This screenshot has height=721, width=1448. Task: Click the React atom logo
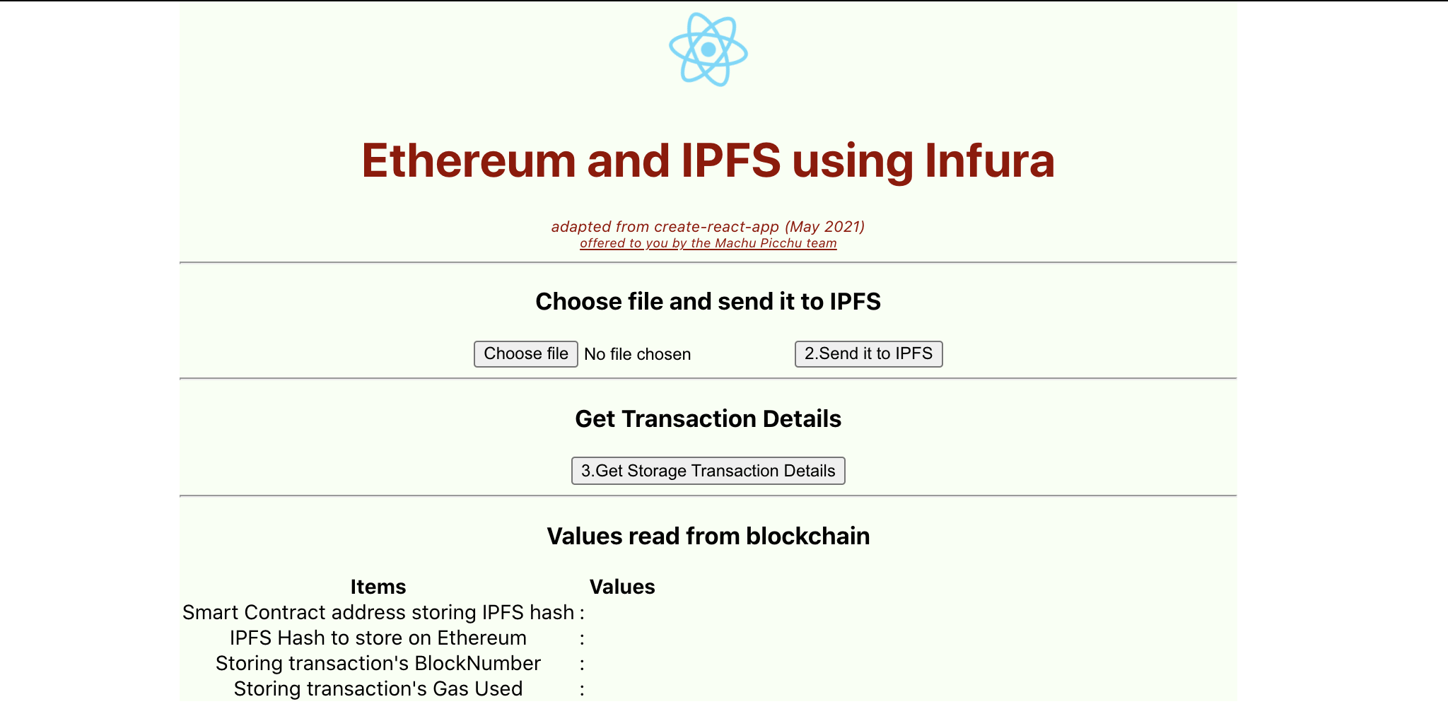point(708,49)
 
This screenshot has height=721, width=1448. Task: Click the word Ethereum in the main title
point(469,160)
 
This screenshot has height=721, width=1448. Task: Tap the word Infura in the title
point(989,160)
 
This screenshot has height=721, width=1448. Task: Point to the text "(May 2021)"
point(824,227)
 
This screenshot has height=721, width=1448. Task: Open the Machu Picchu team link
point(708,243)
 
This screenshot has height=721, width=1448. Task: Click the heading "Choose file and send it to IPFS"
point(708,302)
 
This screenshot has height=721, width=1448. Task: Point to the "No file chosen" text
point(637,354)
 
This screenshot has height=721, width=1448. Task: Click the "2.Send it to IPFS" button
point(868,353)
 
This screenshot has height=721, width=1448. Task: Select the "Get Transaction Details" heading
point(708,419)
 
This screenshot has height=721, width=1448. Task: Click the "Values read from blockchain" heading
point(708,537)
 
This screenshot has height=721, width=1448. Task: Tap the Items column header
point(378,587)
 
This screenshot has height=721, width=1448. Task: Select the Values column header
point(622,587)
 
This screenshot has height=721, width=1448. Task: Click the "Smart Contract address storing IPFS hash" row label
point(378,612)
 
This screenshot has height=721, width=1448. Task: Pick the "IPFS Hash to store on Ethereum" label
point(378,638)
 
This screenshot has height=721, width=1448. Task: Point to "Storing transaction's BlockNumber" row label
point(378,663)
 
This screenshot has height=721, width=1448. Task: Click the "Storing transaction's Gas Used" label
point(378,688)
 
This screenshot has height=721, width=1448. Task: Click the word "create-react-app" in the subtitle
point(716,227)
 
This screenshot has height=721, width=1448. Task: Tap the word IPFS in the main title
point(730,160)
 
